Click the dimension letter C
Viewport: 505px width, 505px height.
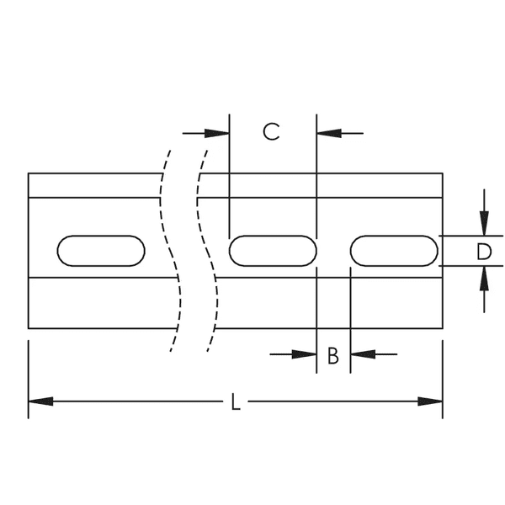[x=270, y=132]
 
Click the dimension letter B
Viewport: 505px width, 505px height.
[x=332, y=355]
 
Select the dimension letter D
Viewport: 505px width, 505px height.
[x=482, y=251]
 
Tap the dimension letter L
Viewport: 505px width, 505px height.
[x=236, y=402]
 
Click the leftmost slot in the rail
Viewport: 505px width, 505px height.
[x=100, y=251]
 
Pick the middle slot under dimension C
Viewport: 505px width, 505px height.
[x=273, y=251]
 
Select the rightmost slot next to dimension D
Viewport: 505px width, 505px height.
[x=394, y=251]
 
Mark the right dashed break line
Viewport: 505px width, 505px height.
[x=210, y=252]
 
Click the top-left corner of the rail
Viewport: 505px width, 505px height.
[x=29, y=173]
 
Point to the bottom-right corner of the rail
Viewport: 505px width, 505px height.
[x=443, y=328]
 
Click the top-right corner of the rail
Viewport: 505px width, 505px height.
[x=443, y=173]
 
